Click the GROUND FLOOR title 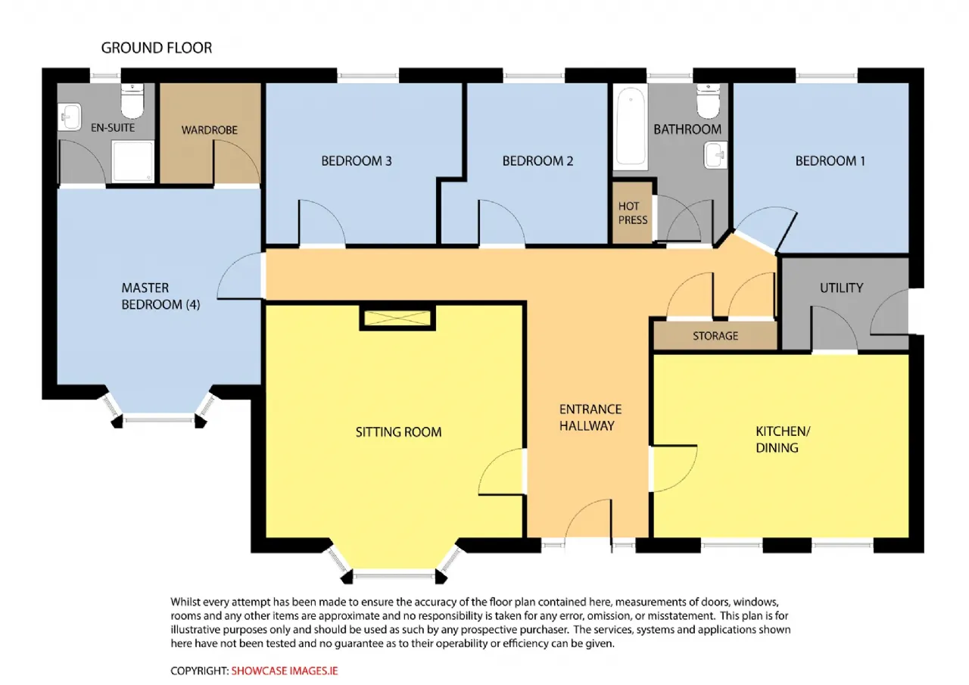point(157,48)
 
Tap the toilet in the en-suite point(132,101)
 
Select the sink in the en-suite point(69,117)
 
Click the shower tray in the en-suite point(132,161)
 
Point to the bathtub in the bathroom point(631,126)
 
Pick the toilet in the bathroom point(708,101)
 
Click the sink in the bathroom point(715,155)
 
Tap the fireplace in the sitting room point(397,318)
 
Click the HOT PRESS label point(632,213)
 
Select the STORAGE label point(715,336)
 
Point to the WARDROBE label point(210,130)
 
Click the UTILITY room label point(841,288)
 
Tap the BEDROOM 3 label point(357,161)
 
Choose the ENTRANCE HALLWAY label point(590,418)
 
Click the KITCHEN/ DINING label point(783,439)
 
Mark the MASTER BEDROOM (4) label point(160,296)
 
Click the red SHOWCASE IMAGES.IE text point(284,671)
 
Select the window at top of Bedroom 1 point(826,76)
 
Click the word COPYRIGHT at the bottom point(199,671)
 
